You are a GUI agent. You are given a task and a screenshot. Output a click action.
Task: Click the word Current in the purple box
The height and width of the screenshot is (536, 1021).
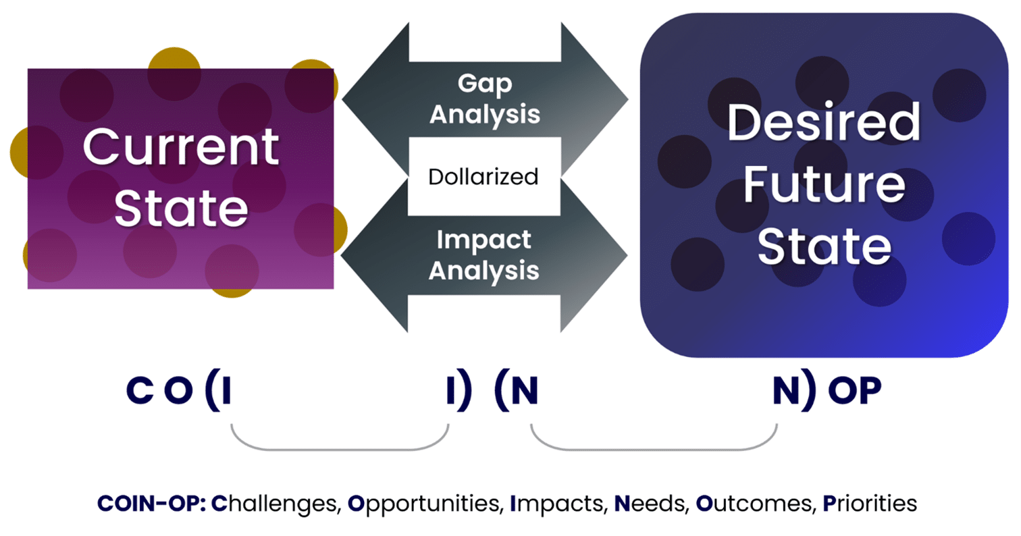pyautogui.click(x=181, y=148)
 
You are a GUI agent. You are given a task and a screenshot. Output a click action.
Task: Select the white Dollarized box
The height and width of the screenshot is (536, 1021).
pyautogui.click(x=483, y=177)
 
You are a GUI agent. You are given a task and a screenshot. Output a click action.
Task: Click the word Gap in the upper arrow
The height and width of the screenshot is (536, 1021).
pyautogui.click(x=485, y=84)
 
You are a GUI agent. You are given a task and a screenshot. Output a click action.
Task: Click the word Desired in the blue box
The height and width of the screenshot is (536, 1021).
pyautogui.click(x=824, y=124)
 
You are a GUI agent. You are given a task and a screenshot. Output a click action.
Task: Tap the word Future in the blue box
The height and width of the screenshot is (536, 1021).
pyautogui.click(x=824, y=186)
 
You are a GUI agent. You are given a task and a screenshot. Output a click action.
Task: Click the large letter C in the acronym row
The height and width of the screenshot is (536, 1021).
pyautogui.click(x=138, y=393)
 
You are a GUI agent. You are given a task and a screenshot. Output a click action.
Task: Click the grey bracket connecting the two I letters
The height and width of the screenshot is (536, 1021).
pyautogui.click(x=340, y=449)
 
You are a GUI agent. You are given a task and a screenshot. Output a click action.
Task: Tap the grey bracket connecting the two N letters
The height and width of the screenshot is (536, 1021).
pyautogui.click(x=654, y=449)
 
